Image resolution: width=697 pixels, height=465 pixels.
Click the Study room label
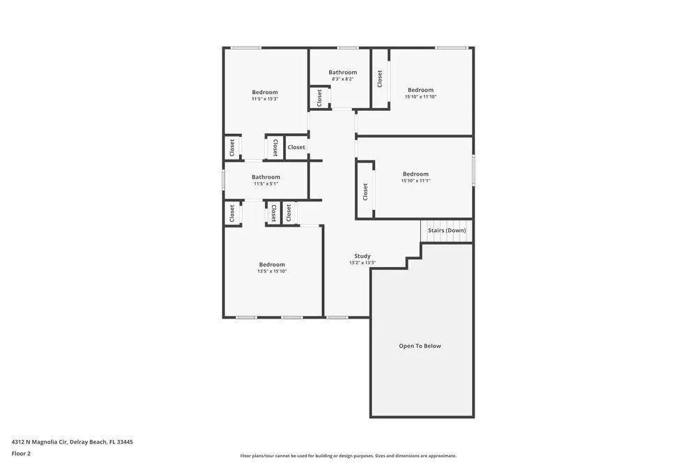362,256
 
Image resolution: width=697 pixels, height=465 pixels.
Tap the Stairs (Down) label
447,230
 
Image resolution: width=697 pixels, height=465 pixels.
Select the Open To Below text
420,346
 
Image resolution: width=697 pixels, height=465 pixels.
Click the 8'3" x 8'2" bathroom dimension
342,79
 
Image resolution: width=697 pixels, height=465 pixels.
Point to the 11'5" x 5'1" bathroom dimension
266,183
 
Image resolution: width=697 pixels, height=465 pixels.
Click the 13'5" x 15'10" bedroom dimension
272,271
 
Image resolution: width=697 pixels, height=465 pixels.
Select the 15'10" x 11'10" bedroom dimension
420,96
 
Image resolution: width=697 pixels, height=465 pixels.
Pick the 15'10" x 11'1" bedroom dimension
415,181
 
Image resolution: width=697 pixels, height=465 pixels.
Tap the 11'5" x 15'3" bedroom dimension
264,99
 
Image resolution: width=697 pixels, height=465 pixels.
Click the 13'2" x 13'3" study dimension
362,263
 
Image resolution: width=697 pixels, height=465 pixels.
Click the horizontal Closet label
296,147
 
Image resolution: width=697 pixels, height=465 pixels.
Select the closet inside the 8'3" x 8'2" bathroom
320,98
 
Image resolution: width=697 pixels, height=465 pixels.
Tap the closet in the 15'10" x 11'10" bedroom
380,78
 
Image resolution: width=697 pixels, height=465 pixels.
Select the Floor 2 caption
21,453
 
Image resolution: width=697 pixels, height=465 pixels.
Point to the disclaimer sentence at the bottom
348,456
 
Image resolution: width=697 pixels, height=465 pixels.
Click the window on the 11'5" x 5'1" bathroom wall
224,180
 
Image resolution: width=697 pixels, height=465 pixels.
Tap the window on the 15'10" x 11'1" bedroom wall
473,170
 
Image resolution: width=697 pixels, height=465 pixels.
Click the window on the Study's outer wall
337,317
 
